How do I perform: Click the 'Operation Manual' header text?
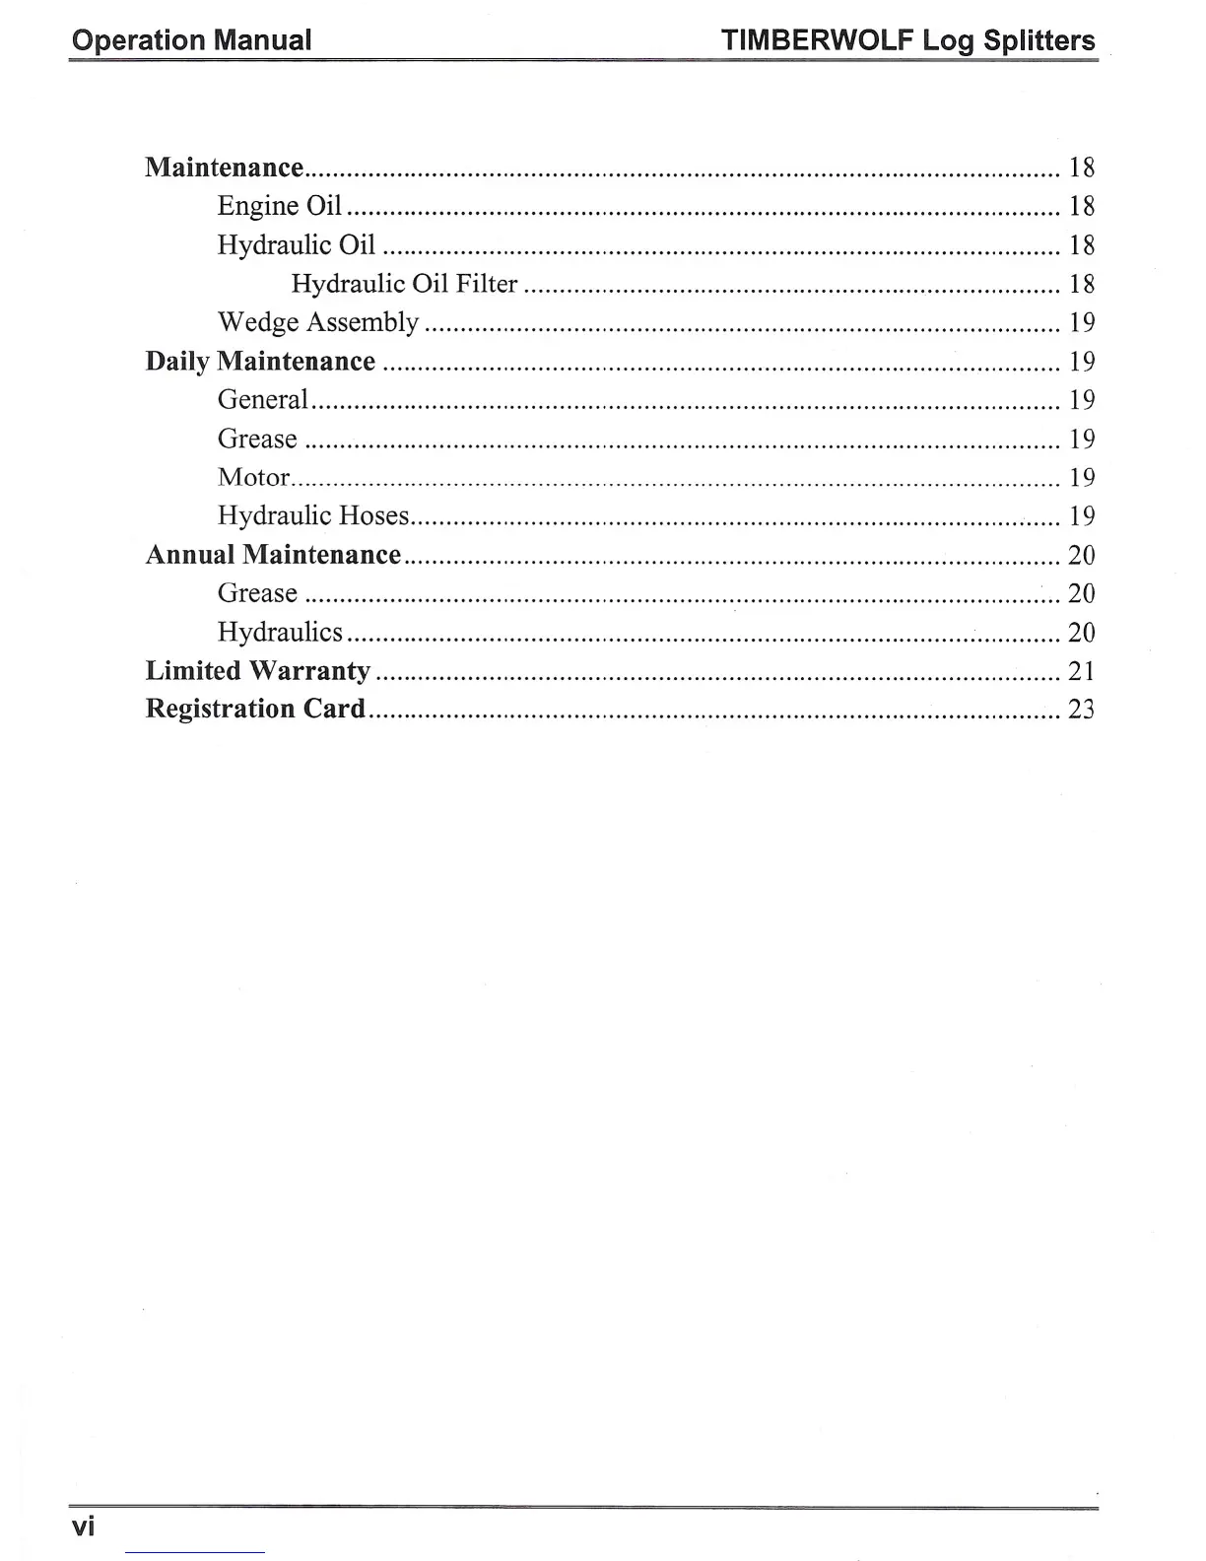point(192,40)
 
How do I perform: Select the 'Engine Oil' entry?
point(280,206)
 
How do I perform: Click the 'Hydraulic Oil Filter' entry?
point(404,284)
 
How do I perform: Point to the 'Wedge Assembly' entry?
point(318,322)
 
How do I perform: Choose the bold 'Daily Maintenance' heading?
point(260,362)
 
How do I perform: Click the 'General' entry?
point(263,400)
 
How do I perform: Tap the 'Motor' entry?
point(253,477)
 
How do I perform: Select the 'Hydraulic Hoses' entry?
point(313,515)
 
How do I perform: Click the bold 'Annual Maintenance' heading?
point(273,555)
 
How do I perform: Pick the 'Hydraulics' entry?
point(280,632)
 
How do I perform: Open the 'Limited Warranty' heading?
point(258,671)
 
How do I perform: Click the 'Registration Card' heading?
point(255,710)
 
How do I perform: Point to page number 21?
point(1081,671)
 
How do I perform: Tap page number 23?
point(1081,710)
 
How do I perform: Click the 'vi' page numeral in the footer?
point(84,1527)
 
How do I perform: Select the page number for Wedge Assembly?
point(1082,322)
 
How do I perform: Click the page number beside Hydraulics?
point(1081,632)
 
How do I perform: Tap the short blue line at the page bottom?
point(195,1553)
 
